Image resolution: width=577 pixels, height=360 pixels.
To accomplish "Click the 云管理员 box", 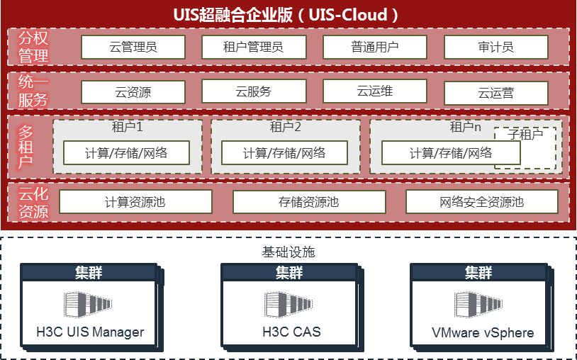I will pyautogui.click(x=133, y=47).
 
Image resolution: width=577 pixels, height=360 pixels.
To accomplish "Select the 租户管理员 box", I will pyautogui.click(x=254, y=47).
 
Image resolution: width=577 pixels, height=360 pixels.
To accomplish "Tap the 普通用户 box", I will pyautogui.click(x=375, y=47).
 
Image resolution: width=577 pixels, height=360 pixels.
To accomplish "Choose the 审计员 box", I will pyautogui.click(x=496, y=47).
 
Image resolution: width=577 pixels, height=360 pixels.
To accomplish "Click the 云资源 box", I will pyautogui.click(x=133, y=92).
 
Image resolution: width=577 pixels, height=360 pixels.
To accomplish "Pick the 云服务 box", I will pyautogui.click(x=254, y=91).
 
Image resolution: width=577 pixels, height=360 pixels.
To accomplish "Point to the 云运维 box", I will pyautogui.click(x=375, y=91).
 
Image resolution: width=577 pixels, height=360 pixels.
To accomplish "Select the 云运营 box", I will pyautogui.click(x=496, y=93).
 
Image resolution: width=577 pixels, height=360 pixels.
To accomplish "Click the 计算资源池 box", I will pyautogui.click(x=135, y=202).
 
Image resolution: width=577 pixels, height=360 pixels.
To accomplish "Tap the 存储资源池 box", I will pyautogui.click(x=309, y=202).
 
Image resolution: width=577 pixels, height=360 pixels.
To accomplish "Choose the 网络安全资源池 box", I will pyautogui.click(x=482, y=202).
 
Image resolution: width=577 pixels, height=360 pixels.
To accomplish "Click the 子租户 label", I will pyautogui.click(x=525, y=134).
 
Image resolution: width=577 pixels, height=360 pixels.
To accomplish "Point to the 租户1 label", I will pyautogui.click(x=128, y=128).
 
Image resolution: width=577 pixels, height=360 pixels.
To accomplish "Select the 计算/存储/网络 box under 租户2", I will pyautogui.click(x=284, y=152).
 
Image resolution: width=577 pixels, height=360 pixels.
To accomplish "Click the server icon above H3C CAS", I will pyautogui.click(x=288, y=305).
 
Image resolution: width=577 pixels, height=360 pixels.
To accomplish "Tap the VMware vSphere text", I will pyautogui.click(x=483, y=332).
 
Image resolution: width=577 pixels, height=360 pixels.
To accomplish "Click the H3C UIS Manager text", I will pyautogui.click(x=90, y=332).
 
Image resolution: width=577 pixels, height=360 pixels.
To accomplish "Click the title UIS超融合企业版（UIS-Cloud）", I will pyautogui.click(x=288, y=14).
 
